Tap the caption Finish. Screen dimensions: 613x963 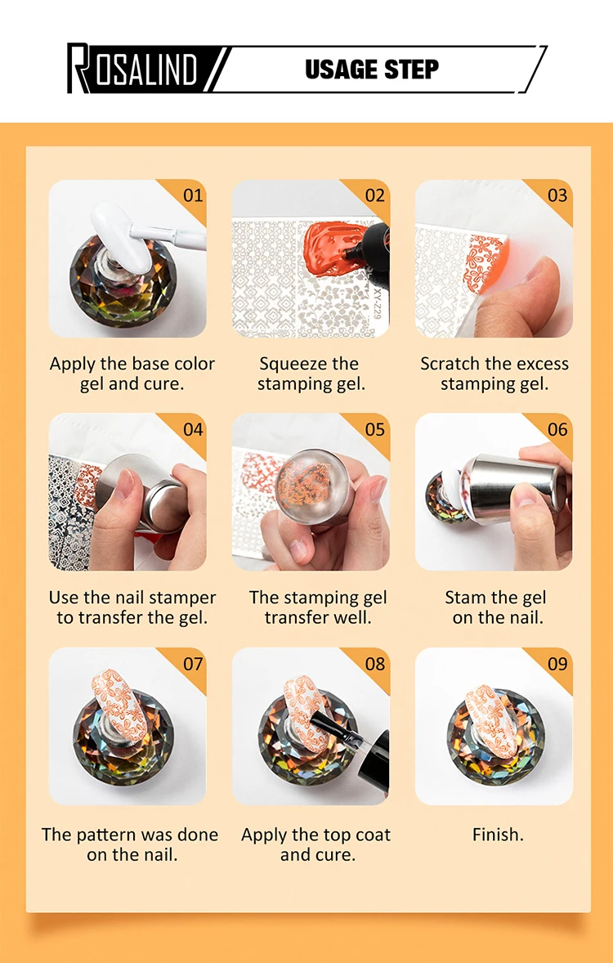click(x=498, y=835)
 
